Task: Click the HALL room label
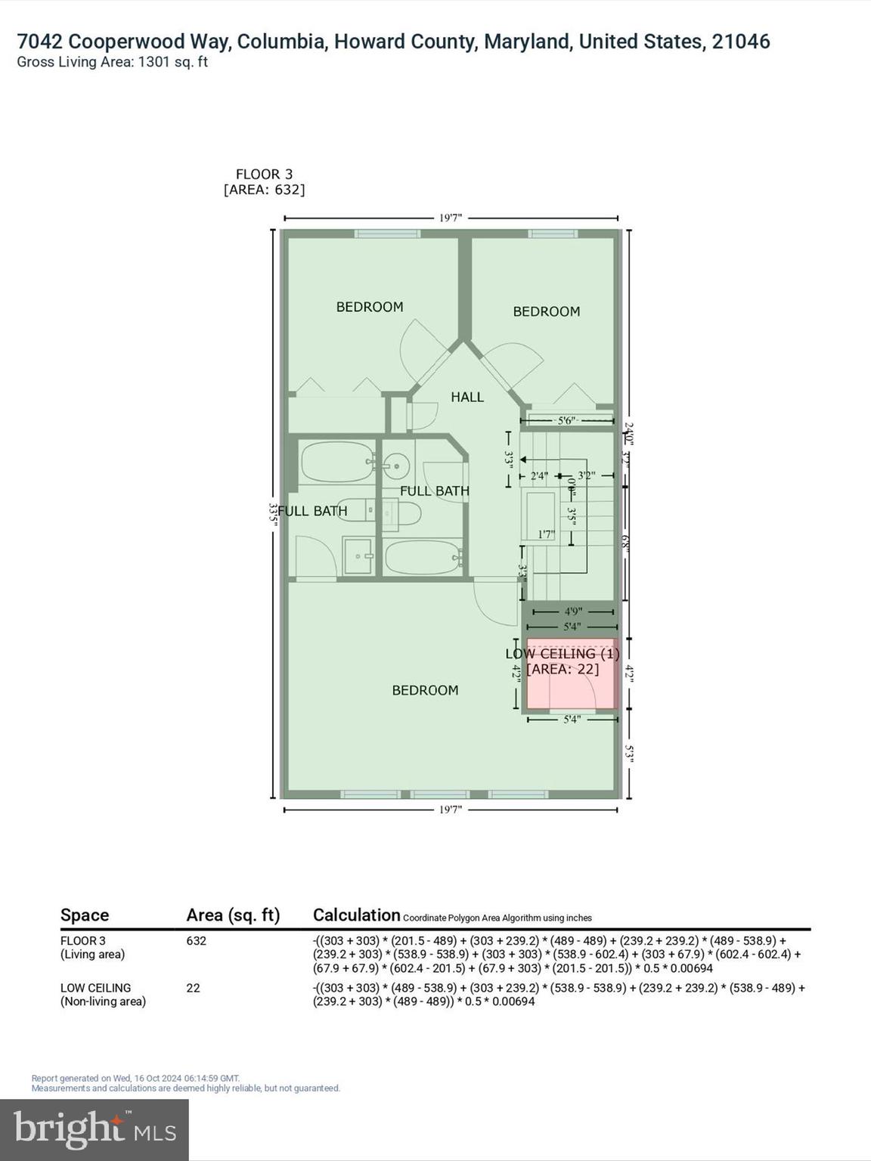(466, 397)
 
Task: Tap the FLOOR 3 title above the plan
(264, 174)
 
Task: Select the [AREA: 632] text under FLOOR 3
(264, 190)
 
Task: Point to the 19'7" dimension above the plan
(450, 218)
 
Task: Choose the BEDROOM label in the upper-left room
(369, 307)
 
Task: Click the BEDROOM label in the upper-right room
(546, 311)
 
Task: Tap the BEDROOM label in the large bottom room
(424, 690)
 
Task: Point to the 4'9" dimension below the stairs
(572, 611)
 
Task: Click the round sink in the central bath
(395, 465)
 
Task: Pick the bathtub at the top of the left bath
(336, 462)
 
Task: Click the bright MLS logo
(95, 1129)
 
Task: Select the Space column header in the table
(85, 915)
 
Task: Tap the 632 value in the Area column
(196, 941)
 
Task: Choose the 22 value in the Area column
(193, 988)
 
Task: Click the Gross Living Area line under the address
(112, 62)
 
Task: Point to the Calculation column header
(356, 915)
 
